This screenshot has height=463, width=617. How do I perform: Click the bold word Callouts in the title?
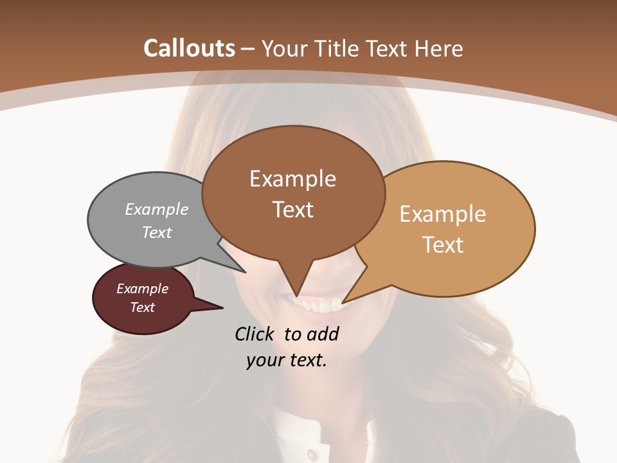pyautogui.click(x=189, y=48)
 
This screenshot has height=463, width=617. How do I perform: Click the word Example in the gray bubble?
pyautogui.click(x=157, y=210)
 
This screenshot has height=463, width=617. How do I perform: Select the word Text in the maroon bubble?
pyautogui.click(x=143, y=307)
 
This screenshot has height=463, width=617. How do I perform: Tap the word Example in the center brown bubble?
pyautogui.click(x=292, y=179)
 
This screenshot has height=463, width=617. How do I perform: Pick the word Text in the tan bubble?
pyautogui.click(x=443, y=245)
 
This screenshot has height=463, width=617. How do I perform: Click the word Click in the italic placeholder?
pyautogui.click(x=255, y=334)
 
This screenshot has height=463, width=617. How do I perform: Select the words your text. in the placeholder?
pyautogui.click(x=287, y=360)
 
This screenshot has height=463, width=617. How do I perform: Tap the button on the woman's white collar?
pyautogui.click(x=312, y=455)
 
